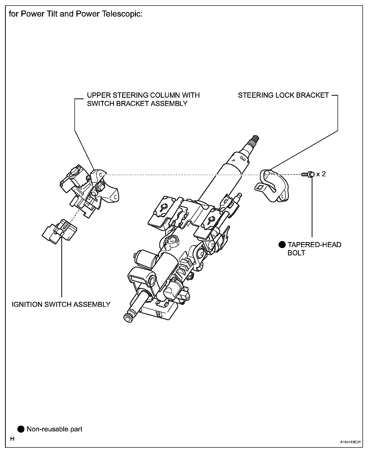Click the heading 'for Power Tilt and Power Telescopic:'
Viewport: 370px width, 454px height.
pyautogui.click(x=76, y=14)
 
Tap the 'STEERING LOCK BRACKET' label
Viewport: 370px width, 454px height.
pyautogui.click(x=283, y=95)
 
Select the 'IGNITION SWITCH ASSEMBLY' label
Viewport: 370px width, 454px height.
pyautogui.click(x=61, y=304)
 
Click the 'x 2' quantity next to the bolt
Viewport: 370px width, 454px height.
pyautogui.click(x=321, y=174)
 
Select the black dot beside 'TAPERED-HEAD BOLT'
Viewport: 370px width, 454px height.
pyautogui.click(x=282, y=245)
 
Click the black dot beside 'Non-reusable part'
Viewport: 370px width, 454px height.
pyautogui.click(x=21, y=429)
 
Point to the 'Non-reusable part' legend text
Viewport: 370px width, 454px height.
pyautogui.click(x=55, y=429)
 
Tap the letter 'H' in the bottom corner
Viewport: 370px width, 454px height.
pyautogui.click(x=12, y=439)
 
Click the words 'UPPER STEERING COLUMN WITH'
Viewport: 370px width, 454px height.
pyautogui.click(x=143, y=95)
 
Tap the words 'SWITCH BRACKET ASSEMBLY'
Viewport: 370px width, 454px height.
pyautogui.click(x=137, y=103)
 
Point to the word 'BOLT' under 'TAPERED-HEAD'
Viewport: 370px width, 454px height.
pyautogui.click(x=296, y=253)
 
